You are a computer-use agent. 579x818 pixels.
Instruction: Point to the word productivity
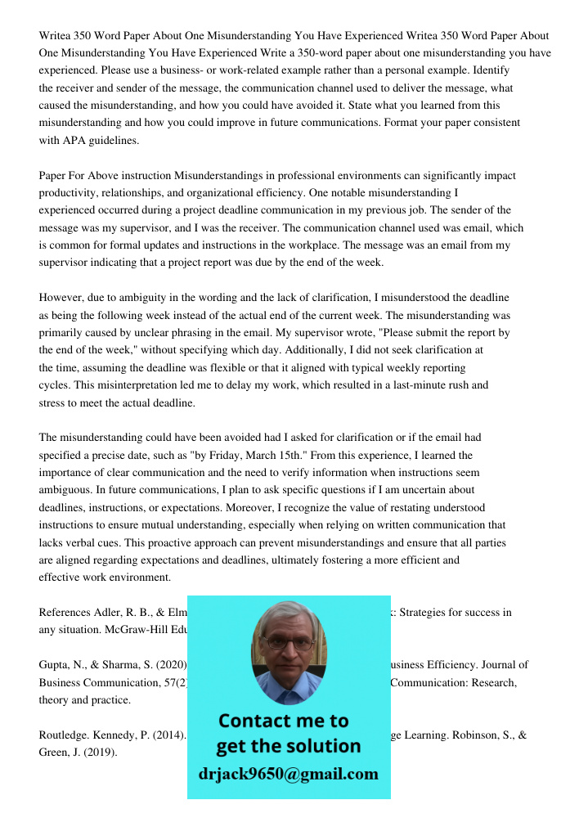click(x=66, y=193)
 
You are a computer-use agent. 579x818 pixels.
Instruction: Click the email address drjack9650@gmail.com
click(x=289, y=774)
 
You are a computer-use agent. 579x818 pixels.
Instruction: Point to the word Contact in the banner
click(x=259, y=721)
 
